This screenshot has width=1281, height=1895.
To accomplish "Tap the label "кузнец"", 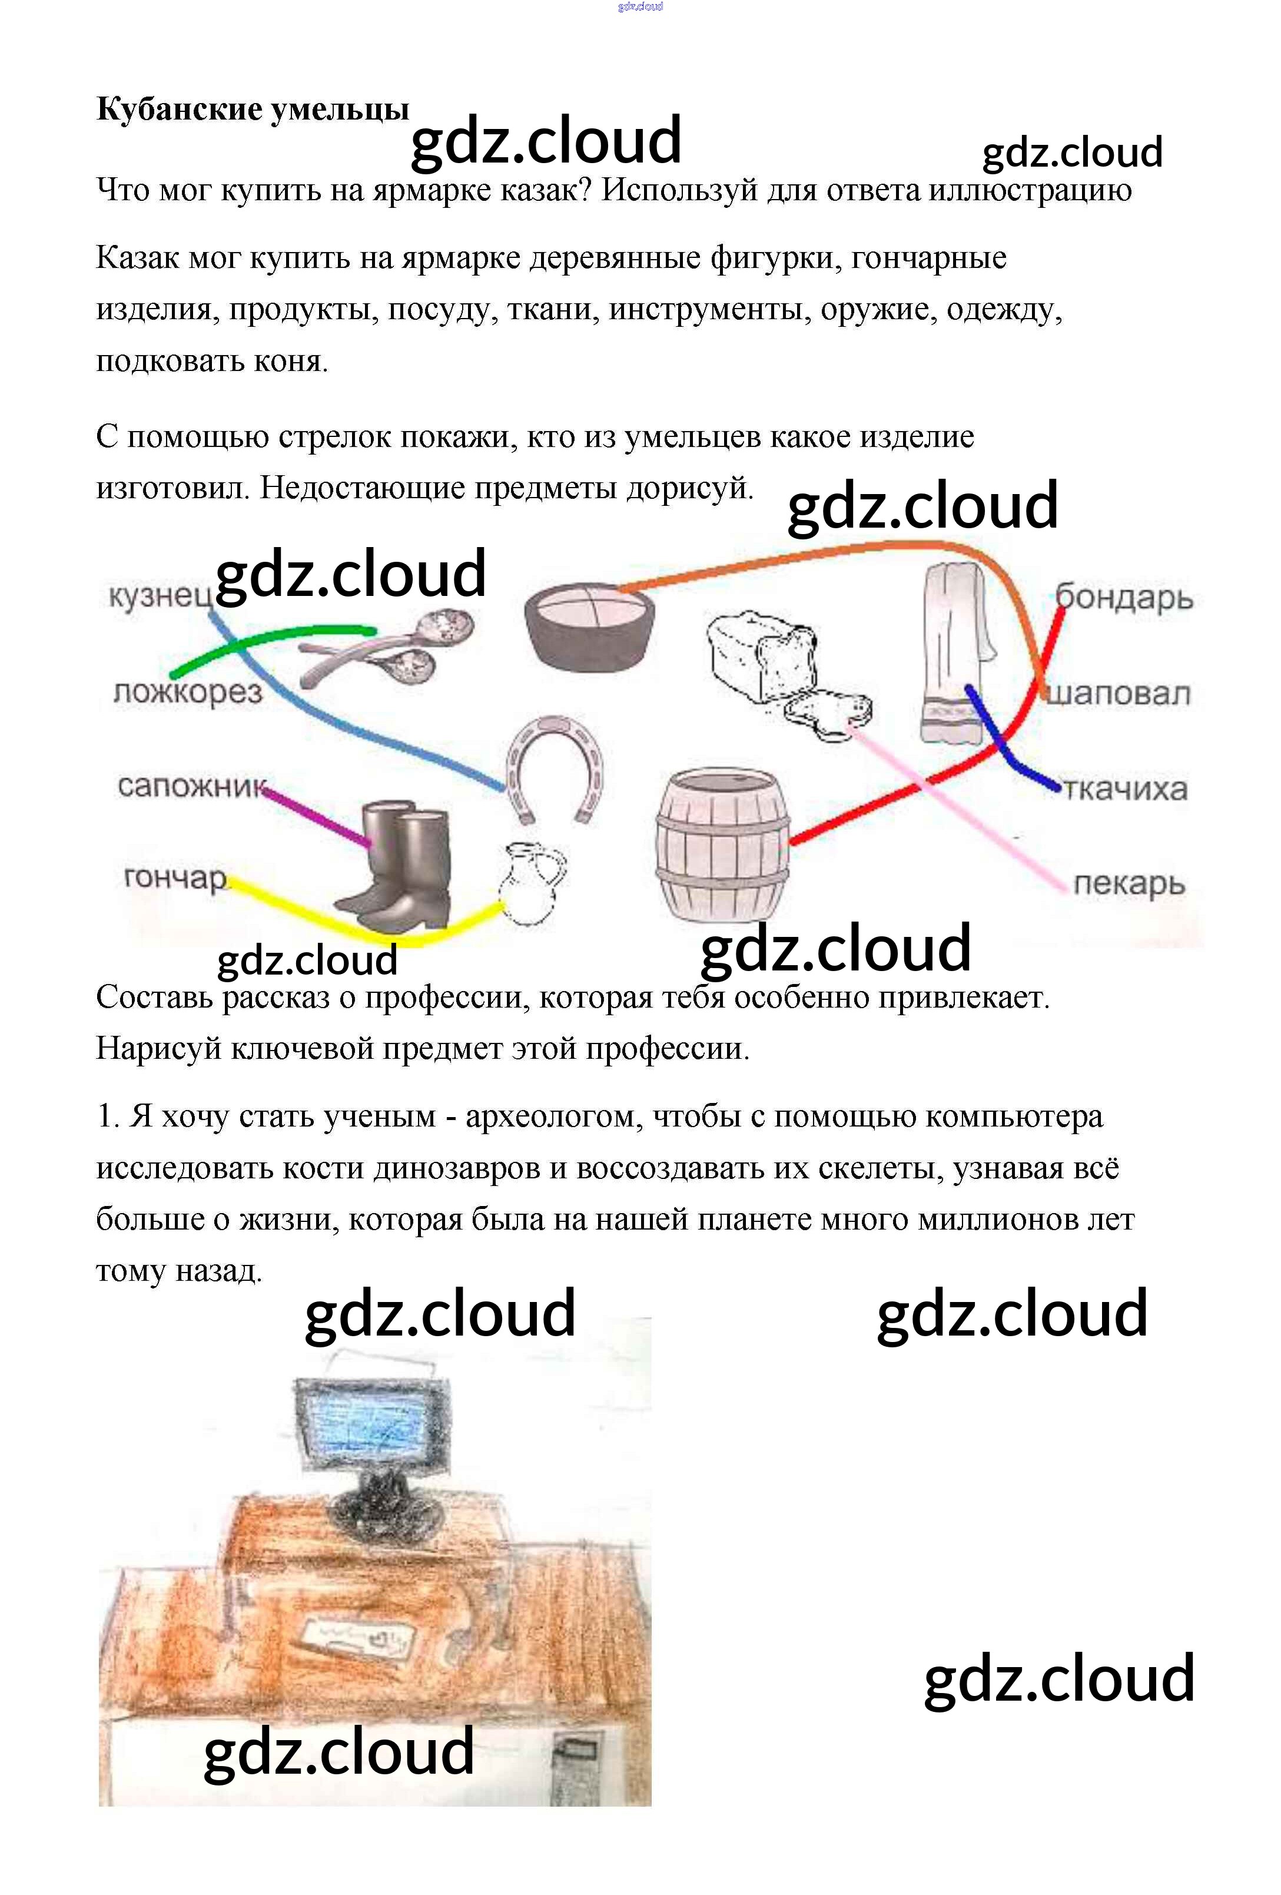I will (158, 596).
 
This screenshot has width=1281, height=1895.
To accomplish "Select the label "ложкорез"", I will (188, 693).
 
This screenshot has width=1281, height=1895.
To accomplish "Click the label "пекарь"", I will (1129, 883).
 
